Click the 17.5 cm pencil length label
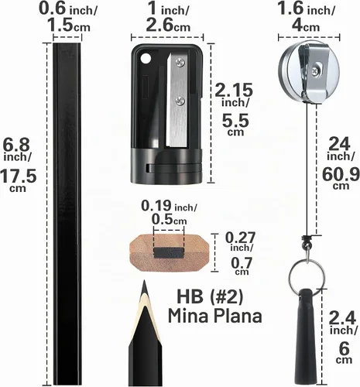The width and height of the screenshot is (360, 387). coord(18,181)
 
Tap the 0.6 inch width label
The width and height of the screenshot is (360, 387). coord(68,9)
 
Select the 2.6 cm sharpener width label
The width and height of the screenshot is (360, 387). coord(168,26)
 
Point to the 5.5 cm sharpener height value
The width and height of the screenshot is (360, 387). coord(235,125)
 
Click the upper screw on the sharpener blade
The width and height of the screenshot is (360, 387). coord(180,63)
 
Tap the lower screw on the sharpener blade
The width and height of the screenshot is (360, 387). coord(180,101)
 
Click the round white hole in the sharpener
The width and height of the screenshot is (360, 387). coord(146,59)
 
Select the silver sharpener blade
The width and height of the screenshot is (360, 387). coord(177,100)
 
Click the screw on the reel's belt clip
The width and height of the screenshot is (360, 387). coord(315,70)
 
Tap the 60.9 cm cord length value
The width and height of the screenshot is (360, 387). coord(341,177)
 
